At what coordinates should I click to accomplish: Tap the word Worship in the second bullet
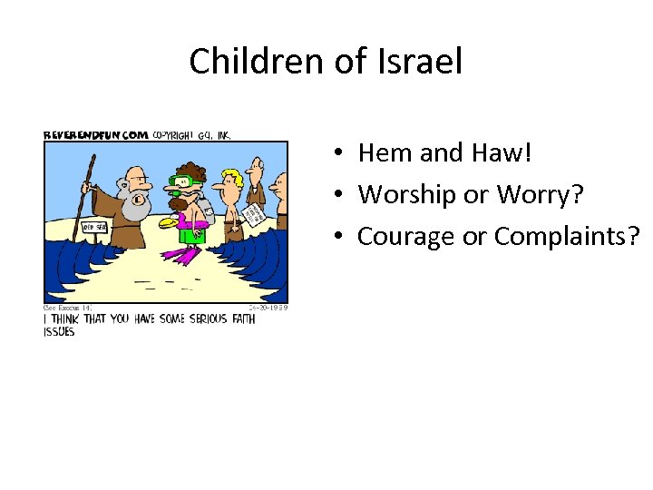pyautogui.click(x=409, y=194)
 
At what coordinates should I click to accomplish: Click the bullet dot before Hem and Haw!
pyautogui.click(x=336, y=153)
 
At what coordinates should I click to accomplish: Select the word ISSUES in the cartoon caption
pyautogui.click(x=59, y=332)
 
